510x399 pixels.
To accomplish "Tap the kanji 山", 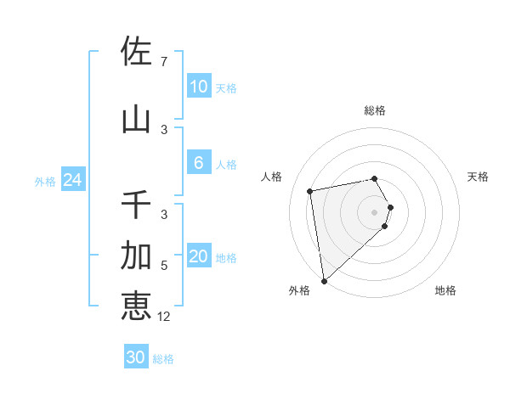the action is (136, 120).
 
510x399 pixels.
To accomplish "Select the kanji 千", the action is (136, 205).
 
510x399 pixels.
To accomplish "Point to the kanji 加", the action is (136, 255).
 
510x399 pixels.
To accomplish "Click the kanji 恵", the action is (136, 305).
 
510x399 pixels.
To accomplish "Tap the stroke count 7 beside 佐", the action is (163, 62).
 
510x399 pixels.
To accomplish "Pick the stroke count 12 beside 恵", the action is (165, 317).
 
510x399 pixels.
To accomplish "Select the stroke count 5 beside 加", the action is (163, 266).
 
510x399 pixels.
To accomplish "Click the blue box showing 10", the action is (198, 87).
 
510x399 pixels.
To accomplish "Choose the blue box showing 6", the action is (198, 163).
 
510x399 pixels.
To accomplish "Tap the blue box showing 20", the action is (198, 257).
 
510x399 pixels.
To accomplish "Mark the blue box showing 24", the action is (72, 180).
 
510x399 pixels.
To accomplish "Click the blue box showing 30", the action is (136, 357).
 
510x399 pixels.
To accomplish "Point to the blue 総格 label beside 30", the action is (163, 359).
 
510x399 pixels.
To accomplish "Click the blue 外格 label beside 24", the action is (45, 181).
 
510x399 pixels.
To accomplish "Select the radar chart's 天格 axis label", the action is (478, 177).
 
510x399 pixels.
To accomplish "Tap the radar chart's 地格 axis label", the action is (445, 290).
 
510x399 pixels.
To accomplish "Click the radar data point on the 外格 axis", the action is (324, 280).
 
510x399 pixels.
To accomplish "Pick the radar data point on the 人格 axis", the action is (310, 191).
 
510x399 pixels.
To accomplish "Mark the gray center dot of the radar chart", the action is (374, 211).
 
